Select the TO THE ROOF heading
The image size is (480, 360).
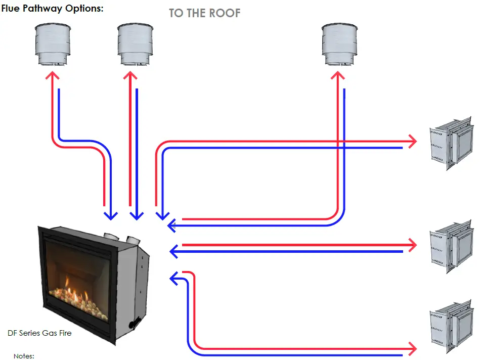[x=204, y=13]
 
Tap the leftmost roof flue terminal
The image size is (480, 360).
[x=52, y=44]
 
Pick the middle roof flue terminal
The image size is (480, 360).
[x=135, y=44]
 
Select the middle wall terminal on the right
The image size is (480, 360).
[x=451, y=246]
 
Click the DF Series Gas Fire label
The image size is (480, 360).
[x=39, y=333]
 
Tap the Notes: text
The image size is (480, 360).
[x=24, y=356]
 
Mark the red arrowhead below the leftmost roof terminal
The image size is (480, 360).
[x=52, y=76]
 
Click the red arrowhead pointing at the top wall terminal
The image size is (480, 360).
[x=412, y=141]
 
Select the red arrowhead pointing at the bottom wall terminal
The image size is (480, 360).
[x=412, y=348]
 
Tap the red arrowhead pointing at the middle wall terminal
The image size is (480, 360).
[x=412, y=246]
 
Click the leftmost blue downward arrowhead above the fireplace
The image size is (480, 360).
[x=110, y=216]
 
